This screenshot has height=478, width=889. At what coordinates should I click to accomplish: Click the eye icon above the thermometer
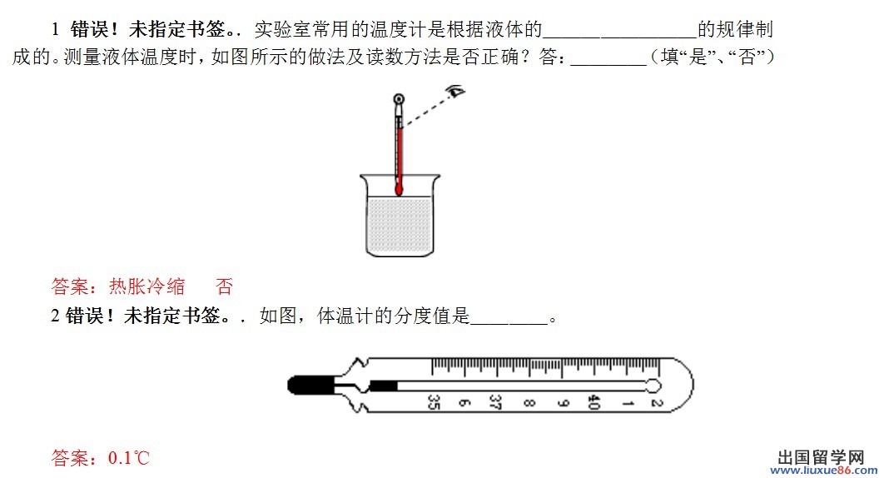click(x=456, y=90)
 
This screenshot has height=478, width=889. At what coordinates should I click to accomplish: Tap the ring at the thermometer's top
click(x=400, y=99)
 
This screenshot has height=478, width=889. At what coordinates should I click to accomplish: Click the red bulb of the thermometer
click(x=399, y=189)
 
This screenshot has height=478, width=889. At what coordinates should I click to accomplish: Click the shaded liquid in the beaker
click(x=400, y=226)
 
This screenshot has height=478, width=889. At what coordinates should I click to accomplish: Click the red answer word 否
click(x=224, y=286)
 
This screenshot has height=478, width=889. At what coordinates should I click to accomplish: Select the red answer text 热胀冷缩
click(x=147, y=286)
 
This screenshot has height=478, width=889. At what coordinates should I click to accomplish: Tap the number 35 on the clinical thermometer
click(x=434, y=402)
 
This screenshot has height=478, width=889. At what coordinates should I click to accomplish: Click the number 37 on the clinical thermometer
click(x=495, y=402)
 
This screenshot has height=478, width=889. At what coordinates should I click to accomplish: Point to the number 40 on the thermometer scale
click(x=593, y=402)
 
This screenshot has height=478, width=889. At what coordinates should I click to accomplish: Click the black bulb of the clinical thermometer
click(x=310, y=386)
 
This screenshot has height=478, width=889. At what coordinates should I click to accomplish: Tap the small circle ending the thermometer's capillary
click(x=653, y=386)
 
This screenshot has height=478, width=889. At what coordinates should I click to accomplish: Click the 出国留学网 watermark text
click(x=821, y=457)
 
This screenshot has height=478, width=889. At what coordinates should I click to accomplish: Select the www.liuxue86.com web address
click(x=823, y=470)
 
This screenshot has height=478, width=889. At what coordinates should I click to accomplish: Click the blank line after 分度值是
click(x=509, y=322)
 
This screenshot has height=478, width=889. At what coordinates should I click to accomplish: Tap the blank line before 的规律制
click(x=619, y=35)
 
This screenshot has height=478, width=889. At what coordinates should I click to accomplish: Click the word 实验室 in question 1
click(x=282, y=29)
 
